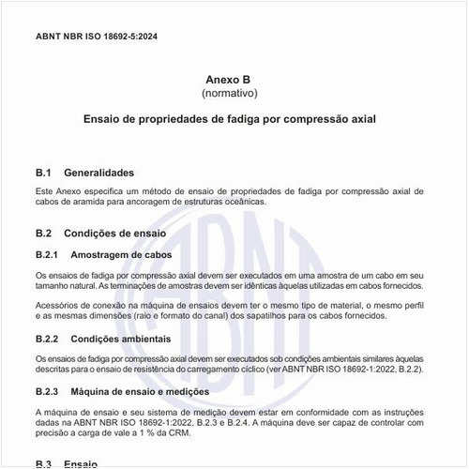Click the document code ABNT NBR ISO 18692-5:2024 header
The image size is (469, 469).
click(97, 35)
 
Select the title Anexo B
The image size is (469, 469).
click(229, 81)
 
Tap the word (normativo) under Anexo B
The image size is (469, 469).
click(229, 94)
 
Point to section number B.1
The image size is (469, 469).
click(43, 173)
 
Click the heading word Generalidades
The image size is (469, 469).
click(100, 173)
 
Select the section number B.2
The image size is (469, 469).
click(43, 233)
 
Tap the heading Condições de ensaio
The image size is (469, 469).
click(115, 233)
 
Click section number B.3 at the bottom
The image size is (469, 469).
click(43, 463)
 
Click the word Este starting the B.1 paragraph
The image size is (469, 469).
click(45, 190)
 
